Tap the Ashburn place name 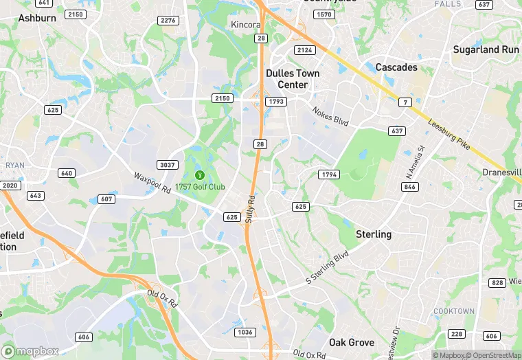(36, 18)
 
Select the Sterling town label (374, 234)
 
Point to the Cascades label (396, 67)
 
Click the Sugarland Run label (486, 49)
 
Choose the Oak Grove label (351, 342)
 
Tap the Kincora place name (246, 24)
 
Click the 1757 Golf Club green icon (200, 175)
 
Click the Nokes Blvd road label (330, 115)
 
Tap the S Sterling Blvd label (328, 270)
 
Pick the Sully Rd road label (251, 208)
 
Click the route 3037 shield (168, 165)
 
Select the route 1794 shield (329, 175)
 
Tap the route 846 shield (411, 187)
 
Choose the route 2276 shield (168, 21)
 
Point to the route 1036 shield (245, 333)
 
